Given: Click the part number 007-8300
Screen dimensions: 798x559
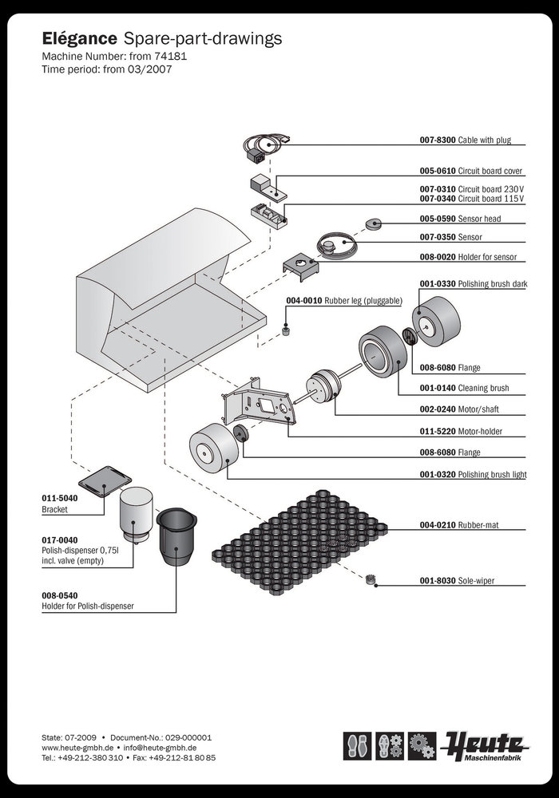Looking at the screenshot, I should (x=438, y=140).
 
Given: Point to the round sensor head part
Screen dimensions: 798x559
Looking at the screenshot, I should (x=372, y=224).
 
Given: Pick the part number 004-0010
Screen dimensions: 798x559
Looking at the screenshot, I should (x=302, y=300).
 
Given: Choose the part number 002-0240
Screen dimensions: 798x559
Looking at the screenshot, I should (x=437, y=410).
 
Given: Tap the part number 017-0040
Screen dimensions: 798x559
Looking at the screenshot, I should (x=59, y=540).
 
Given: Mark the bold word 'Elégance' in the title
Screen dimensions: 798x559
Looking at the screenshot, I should (x=79, y=38).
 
